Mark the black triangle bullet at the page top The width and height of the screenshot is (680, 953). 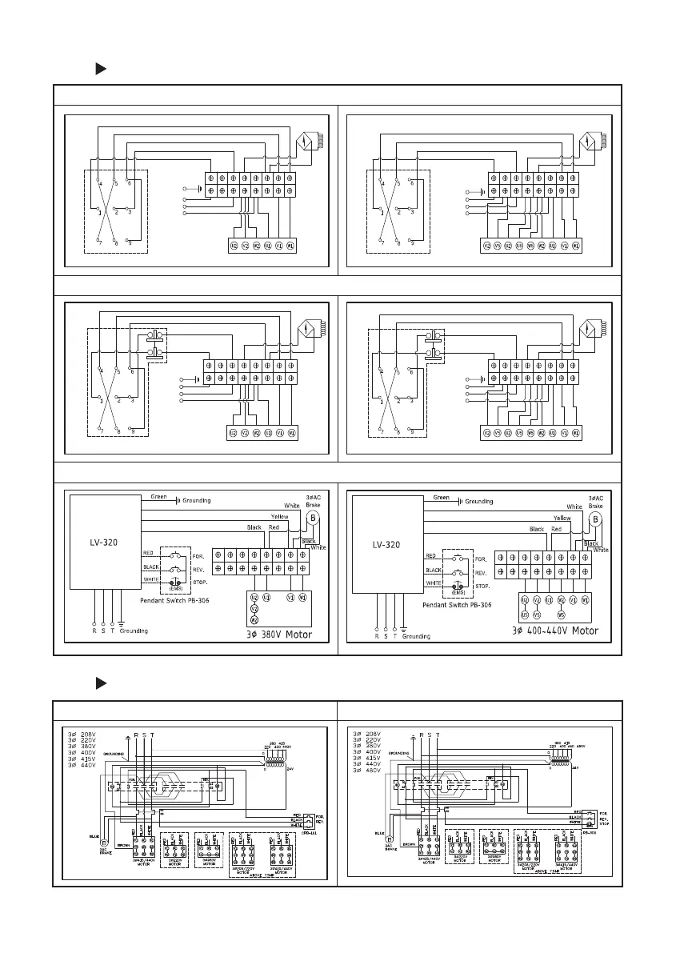tap(101, 70)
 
